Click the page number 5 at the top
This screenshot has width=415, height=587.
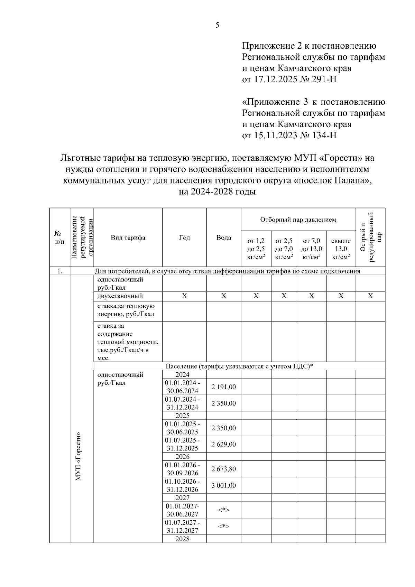[x=217, y=25]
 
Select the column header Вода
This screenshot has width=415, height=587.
[x=223, y=238]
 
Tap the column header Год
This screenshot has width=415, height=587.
[x=184, y=238]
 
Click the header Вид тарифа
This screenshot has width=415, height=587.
[x=128, y=238]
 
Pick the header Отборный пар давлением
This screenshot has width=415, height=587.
[x=298, y=220]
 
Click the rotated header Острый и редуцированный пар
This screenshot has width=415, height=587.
[x=371, y=237]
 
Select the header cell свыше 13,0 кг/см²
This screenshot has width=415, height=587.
[x=341, y=249]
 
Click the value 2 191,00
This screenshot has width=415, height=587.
[x=223, y=387]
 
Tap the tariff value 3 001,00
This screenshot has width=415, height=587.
[x=223, y=486]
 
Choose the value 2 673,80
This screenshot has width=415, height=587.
[x=223, y=469]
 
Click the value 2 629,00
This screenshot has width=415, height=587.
[x=223, y=445]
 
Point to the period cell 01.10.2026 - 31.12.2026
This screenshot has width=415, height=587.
[x=182, y=486]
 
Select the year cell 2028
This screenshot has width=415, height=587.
[x=182, y=539]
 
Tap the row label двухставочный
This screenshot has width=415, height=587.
[x=120, y=296]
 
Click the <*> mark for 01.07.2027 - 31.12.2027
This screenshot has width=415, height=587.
[x=223, y=527]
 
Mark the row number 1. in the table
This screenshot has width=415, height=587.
[x=60, y=271]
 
